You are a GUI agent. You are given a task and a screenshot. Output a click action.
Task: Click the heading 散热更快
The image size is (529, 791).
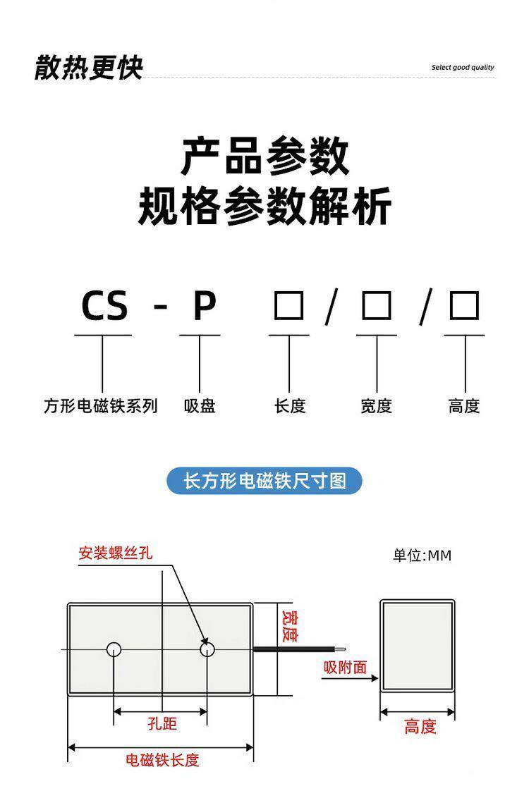[89, 68]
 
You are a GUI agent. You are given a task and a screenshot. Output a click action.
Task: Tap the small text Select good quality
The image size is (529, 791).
[463, 68]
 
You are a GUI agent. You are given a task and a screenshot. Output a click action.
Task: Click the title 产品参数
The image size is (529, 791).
[264, 157]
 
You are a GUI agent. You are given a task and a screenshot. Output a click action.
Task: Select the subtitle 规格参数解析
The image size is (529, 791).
[264, 207]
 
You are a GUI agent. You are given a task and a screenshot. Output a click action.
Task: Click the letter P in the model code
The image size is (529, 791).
[204, 307]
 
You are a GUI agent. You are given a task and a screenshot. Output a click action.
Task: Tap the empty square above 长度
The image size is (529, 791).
[288, 307]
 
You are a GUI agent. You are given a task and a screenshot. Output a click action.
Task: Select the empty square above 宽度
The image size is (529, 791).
[376, 307]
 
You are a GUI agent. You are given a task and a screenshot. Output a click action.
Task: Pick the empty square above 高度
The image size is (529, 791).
[464, 307]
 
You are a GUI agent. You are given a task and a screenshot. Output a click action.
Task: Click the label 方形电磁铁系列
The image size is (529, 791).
[101, 406]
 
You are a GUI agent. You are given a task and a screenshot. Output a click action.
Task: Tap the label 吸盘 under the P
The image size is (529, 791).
[200, 406]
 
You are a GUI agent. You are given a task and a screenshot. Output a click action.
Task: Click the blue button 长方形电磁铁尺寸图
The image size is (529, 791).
[264, 481]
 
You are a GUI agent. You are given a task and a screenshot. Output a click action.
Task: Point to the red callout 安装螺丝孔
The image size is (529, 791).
[115, 553]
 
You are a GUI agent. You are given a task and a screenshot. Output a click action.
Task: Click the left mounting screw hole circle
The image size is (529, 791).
[114, 649]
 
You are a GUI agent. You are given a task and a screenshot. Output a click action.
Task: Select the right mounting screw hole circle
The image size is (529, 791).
[207, 649]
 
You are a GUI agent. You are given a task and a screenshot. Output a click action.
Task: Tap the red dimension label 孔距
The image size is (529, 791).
[162, 724]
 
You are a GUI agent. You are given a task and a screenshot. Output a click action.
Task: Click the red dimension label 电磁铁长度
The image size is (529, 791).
[162, 760]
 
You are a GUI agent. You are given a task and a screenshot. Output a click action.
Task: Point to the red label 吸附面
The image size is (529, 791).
[346, 666]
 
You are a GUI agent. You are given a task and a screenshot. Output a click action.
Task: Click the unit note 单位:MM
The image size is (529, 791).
[422, 556]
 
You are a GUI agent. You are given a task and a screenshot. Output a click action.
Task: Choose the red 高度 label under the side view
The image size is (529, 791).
[420, 727]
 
